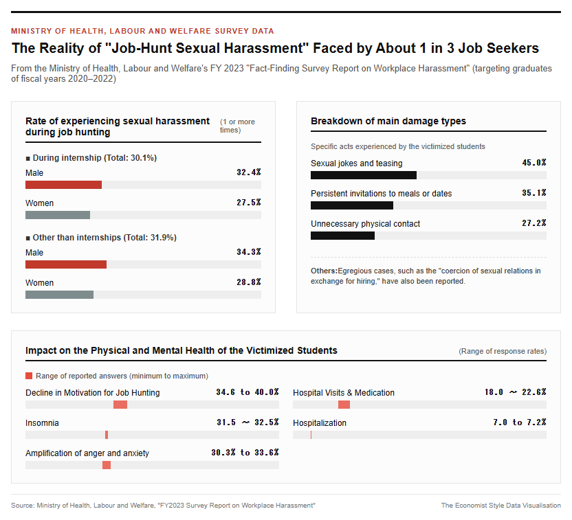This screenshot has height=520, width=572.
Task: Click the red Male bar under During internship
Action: click(x=63, y=185)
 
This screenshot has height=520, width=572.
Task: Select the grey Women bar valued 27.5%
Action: click(x=58, y=215)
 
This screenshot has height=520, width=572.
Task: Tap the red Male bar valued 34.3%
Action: click(x=66, y=264)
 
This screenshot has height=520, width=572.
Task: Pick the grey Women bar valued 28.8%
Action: click(x=59, y=295)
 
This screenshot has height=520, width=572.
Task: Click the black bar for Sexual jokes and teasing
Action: click(x=364, y=175)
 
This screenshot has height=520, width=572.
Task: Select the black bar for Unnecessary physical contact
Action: click(x=342, y=236)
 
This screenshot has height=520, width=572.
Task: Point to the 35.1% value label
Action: click(x=534, y=193)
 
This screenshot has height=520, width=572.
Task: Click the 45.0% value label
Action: click(x=534, y=163)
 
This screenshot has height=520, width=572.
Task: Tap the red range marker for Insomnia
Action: click(x=107, y=435)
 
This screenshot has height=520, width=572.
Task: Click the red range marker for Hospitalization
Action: click(x=311, y=435)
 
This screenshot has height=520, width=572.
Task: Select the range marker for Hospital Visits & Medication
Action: click(x=344, y=405)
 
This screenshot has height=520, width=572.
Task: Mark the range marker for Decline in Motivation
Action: click(x=120, y=405)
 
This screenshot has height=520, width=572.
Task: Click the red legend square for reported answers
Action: click(x=29, y=376)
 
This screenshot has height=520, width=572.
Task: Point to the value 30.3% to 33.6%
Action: click(x=245, y=453)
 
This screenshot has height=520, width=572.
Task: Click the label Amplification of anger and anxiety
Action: click(x=87, y=453)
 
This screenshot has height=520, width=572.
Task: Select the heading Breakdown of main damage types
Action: click(x=388, y=121)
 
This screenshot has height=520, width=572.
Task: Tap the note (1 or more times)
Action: click(x=237, y=126)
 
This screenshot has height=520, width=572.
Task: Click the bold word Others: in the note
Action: click(x=324, y=271)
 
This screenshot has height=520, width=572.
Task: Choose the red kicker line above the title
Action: click(x=142, y=31)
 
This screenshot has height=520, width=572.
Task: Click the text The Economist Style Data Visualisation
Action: click(x=501, y=506)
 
